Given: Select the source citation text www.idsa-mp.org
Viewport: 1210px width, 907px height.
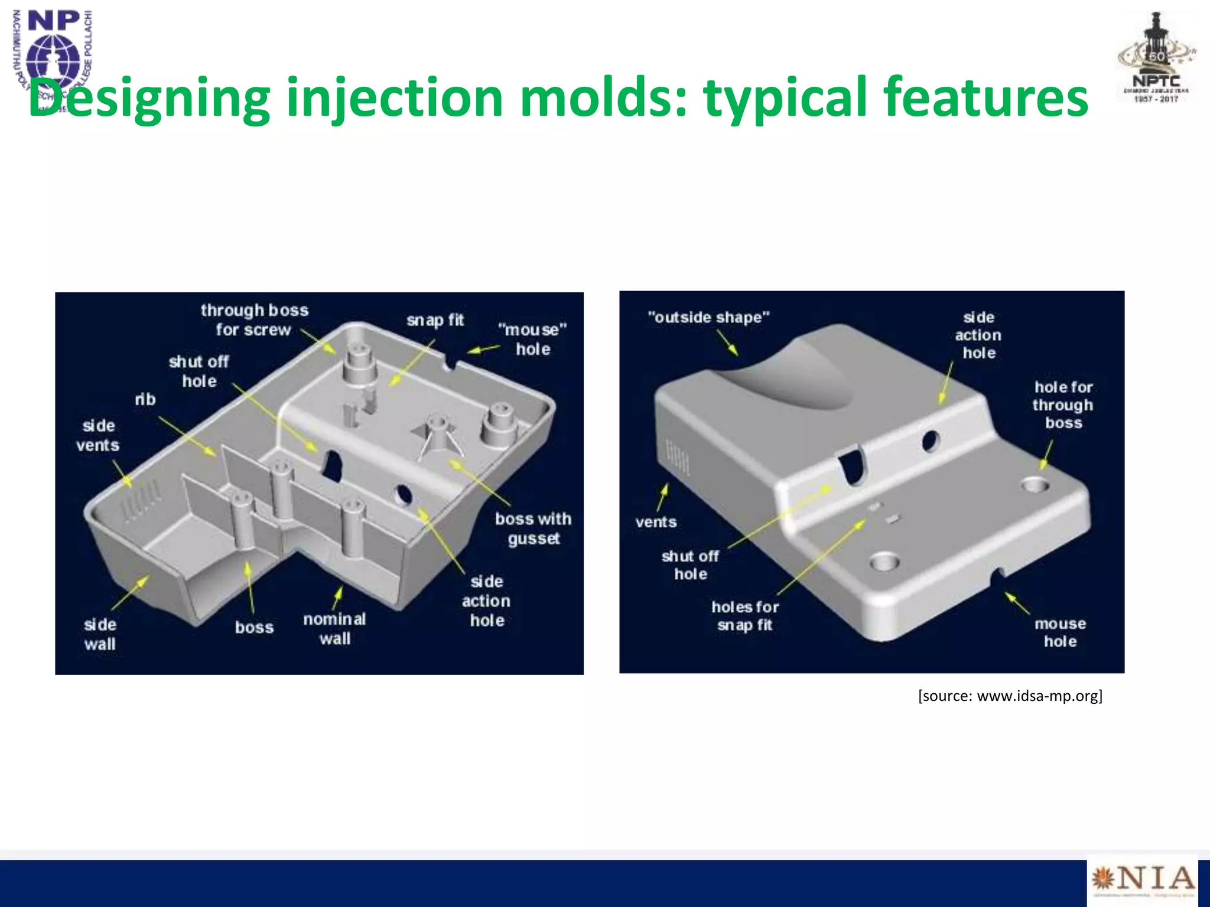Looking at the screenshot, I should [x=1010, y=696].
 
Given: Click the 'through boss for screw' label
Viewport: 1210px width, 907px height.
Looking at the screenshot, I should [x=254, y=320].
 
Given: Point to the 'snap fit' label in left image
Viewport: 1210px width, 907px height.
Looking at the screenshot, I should [x=435, y=320].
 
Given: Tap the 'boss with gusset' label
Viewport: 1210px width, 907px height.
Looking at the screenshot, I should [x=533, y=528].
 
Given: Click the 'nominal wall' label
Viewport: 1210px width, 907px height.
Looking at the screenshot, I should [x=334, y=628].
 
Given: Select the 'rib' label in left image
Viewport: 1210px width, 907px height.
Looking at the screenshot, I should [x=145, y=400].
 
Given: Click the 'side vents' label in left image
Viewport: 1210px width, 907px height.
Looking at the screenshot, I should [x=98, y=435].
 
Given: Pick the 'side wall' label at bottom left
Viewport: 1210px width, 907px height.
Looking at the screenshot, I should [x=100, y=634].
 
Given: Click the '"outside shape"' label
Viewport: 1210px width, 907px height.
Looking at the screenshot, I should [x=708, y=317].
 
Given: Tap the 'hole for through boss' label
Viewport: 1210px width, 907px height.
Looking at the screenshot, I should [x=1063, y=405].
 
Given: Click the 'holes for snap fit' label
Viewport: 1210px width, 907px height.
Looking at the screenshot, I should [x=745, y=616].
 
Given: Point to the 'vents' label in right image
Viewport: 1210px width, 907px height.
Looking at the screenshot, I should [x=656, y=522].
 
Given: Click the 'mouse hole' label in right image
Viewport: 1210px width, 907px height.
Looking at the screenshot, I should [x=1060, y=632].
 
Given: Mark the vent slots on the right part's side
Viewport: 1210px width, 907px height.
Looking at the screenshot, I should [x=678, y=456].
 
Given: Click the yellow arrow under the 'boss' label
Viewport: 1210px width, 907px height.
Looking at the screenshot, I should [x=250, y=587].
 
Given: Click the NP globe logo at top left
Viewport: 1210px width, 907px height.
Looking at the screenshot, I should [x=53, y=56].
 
